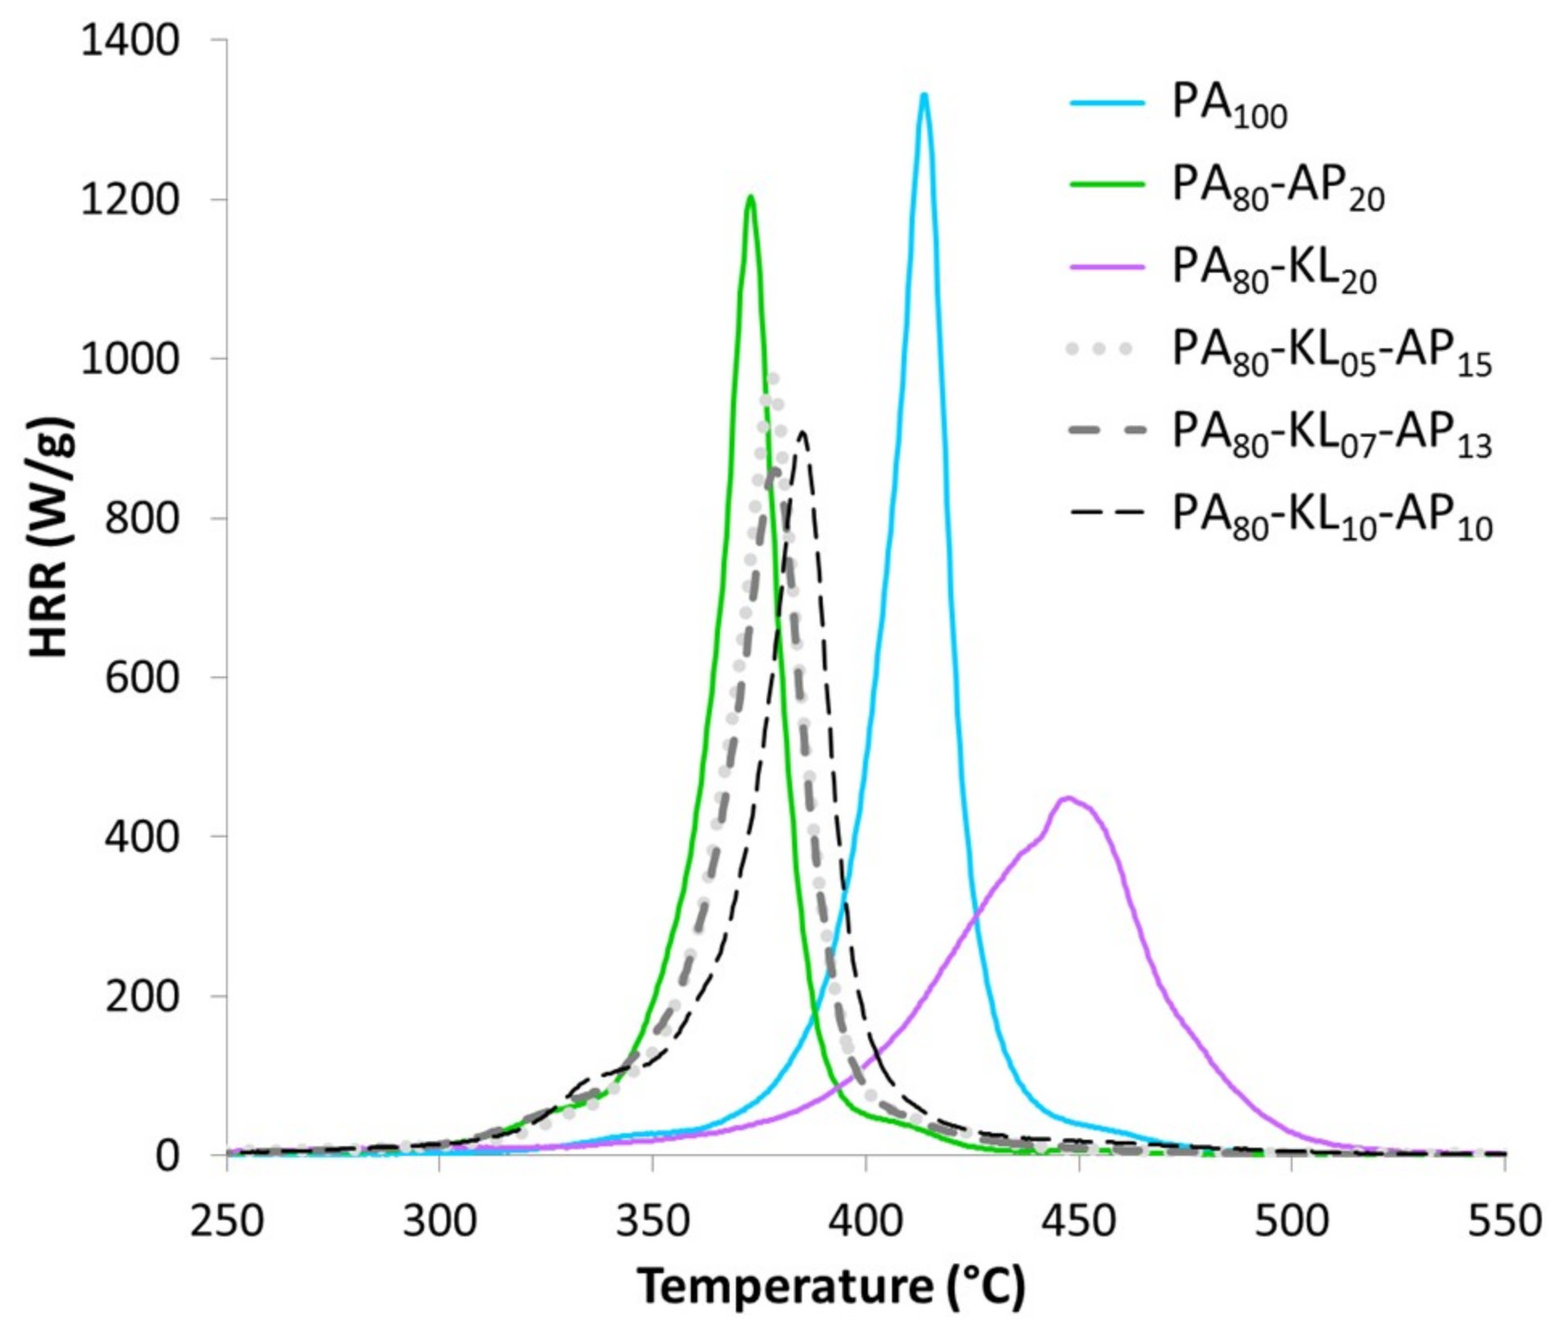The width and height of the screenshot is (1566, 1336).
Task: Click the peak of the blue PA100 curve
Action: coord(924,96)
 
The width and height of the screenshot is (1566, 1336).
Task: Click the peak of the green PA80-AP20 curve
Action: coord(750,197)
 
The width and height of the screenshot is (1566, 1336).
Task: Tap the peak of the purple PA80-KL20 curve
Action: coord(1067,798)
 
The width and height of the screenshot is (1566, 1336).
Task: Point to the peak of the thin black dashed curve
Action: coord(802,434)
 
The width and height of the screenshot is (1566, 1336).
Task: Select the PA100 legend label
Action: coord(1228,106)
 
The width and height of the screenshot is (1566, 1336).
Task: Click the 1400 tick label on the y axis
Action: coord(129,40)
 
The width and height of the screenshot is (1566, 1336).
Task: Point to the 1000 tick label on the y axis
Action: coord(129,359)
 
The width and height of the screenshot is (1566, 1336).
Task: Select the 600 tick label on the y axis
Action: coord(142,677)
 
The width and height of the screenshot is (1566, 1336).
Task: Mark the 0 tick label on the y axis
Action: coord(166,1155)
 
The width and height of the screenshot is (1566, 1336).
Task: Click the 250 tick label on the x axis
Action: coord(227,1220)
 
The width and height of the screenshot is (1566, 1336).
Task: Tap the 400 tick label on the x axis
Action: coord(865,1220)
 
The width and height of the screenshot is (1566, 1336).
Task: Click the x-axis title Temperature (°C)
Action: coord(832,1285)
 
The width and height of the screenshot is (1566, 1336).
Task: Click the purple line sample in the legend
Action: coord(1107,266)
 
